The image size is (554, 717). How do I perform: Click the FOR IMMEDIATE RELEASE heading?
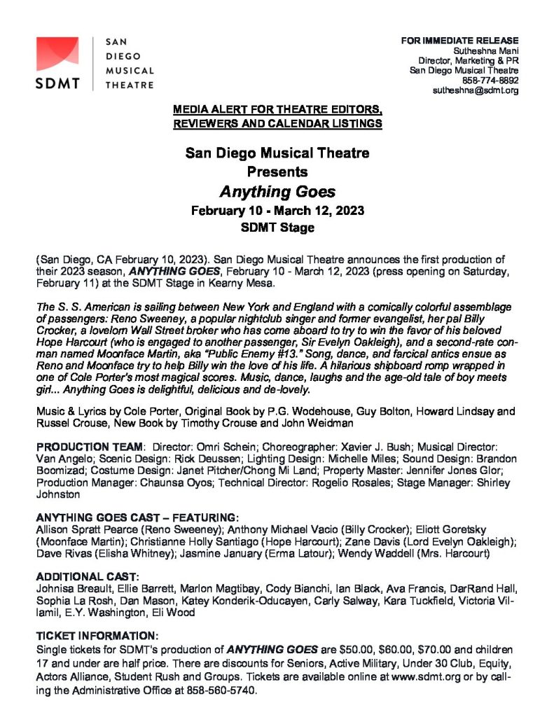pyautogui.click(x=459, y=40)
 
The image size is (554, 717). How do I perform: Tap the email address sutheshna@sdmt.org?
pyautogui.click(x=476, y=90)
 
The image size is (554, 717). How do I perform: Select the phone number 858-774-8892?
pyautogui.click(x=490, y=81)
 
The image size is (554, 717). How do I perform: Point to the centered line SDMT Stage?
pyautogui.click(x=277, y=228)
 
